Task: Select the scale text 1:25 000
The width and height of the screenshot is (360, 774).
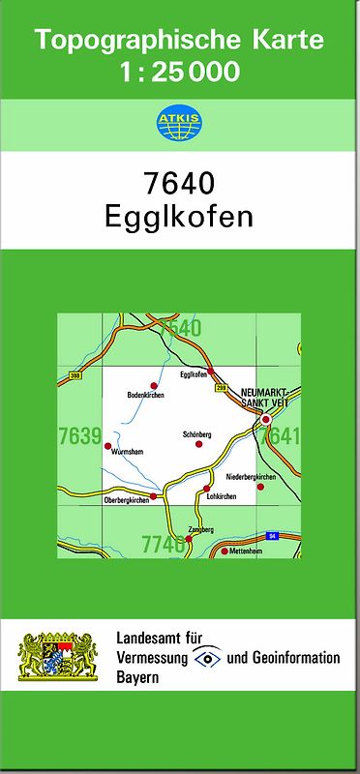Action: [181, 72]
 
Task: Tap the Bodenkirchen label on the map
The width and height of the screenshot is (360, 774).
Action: [145, 396]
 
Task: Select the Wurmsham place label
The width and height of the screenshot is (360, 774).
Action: [127, 452]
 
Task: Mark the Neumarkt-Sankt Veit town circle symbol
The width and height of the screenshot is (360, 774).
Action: [266, 420]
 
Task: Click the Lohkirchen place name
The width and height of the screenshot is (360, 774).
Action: [222, 496]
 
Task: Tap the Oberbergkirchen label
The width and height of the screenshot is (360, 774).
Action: [126, 499]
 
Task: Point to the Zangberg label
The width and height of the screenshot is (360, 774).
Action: [200, 531]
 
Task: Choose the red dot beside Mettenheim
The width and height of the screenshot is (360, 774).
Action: [225, 551]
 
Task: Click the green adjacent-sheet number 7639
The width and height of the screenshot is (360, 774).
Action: [79, 436]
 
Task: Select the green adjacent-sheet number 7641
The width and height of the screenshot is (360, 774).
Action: [282, 436]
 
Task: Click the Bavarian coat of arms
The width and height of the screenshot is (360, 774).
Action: [59, 655]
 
